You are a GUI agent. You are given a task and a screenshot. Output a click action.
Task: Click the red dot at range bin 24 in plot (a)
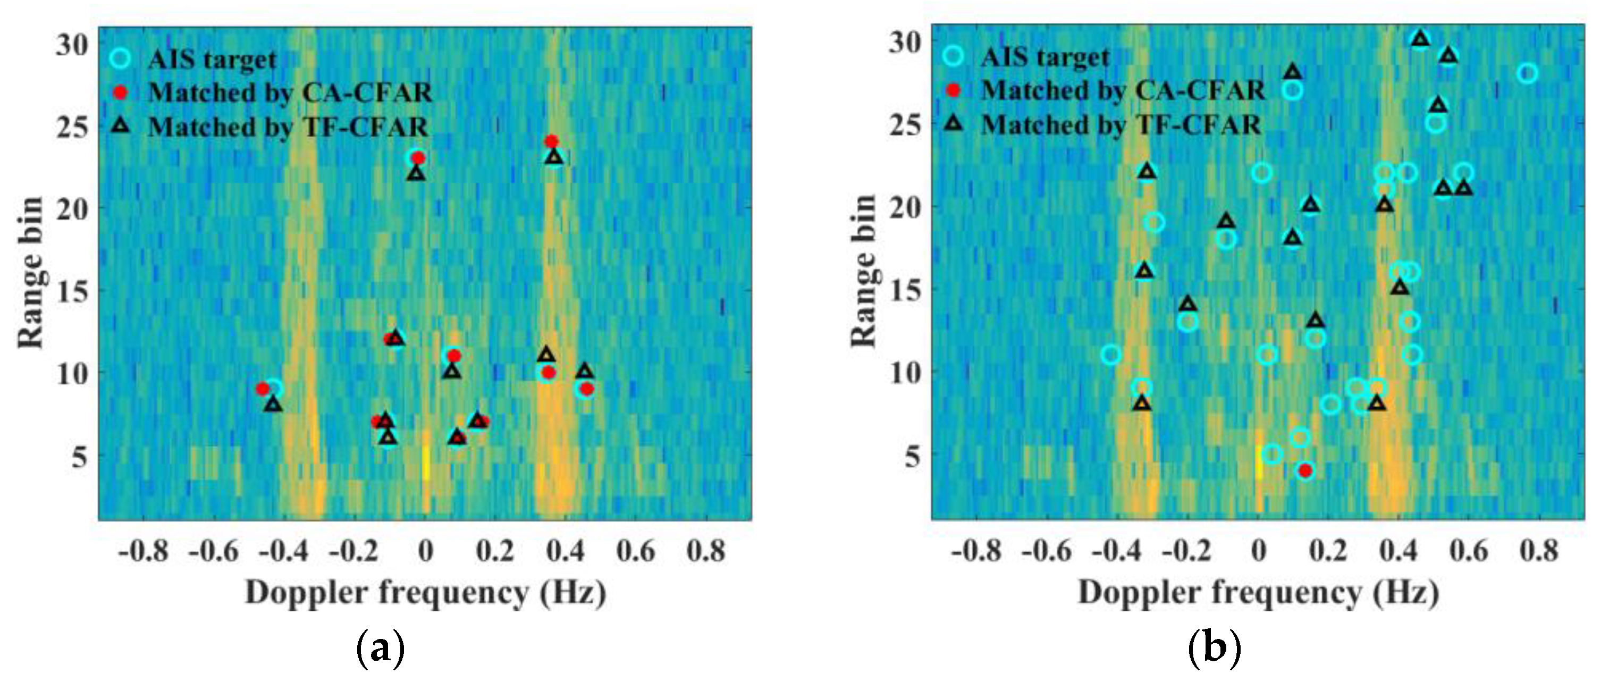point(551,141)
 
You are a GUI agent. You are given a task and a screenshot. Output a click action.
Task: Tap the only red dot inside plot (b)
point(1305,470)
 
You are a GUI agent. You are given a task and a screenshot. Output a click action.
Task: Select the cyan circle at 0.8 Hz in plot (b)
point(1528,73)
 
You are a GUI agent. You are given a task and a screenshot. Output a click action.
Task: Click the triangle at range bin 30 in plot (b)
point(1421,39)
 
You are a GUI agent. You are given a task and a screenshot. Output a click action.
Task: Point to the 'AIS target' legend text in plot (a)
point(213,60)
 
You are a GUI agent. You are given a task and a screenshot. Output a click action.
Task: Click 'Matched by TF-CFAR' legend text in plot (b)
point(1121,125)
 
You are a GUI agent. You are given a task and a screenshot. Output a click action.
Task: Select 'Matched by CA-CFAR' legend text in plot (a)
point(290,92)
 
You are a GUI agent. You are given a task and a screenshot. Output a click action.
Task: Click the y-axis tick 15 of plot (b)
point(905,289)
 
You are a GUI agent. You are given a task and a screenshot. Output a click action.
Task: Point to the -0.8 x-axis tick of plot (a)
point(144,551)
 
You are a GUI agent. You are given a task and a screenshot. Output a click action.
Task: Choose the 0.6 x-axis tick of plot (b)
point(1469,551)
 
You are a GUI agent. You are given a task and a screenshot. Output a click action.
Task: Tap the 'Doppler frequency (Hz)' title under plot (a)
point(425,592)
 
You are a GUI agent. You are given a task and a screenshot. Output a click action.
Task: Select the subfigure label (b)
point(1214,649)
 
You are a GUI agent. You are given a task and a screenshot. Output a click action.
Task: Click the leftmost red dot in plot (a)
point(263,389)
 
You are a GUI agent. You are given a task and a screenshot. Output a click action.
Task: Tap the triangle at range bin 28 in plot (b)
point(1293,72)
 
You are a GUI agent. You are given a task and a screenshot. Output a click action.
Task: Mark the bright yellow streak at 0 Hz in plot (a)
point(425,462)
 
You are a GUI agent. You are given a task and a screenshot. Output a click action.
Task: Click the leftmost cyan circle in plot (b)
point(1110,355)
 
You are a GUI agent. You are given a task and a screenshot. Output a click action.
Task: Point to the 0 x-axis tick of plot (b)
point(1259,551)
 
